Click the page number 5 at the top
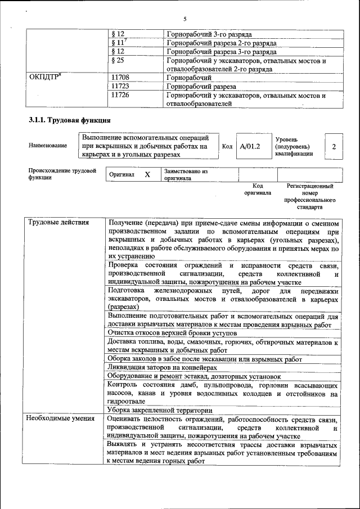(184, 19)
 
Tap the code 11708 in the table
(121, 78)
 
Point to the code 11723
(121, 87)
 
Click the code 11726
(121, 96)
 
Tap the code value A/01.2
(250, 146)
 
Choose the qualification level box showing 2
(334, 146)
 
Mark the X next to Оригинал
(147, 175)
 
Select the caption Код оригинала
(258, 189)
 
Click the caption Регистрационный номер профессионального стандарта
(309, 196)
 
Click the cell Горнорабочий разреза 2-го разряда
(222, 42)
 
